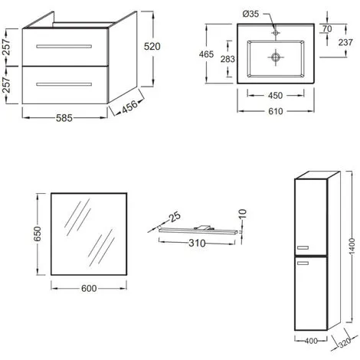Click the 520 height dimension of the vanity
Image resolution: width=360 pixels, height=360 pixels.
[152, 47]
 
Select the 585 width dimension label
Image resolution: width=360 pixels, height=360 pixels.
[64, 118]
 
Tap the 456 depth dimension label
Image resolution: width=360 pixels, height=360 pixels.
[129, 106]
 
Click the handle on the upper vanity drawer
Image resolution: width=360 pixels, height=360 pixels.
[64, 47]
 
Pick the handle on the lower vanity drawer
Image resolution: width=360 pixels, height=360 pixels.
[64, 84]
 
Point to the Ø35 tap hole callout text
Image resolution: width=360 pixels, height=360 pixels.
[250, 14]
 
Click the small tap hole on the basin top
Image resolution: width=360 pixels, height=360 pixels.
[276, 33]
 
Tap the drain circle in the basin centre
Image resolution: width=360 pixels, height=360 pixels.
[276, 57]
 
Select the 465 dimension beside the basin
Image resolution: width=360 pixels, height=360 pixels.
[206, 54]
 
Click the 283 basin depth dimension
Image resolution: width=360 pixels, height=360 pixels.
[227, 59]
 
